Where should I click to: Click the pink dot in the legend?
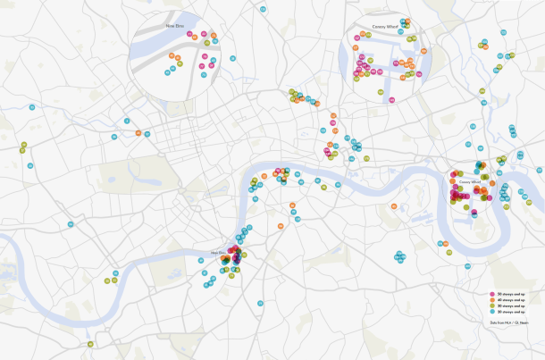pyautogui.click(x=492, y=293)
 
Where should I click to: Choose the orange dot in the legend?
pyautogui.click(x=492, y=299)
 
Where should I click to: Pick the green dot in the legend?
pyautogui.click(x=492, y=306)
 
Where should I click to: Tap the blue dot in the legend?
pyautogui.click(x=492, y=312)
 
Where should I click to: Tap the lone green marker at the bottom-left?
pyautogui.click(x=89, y=344)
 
